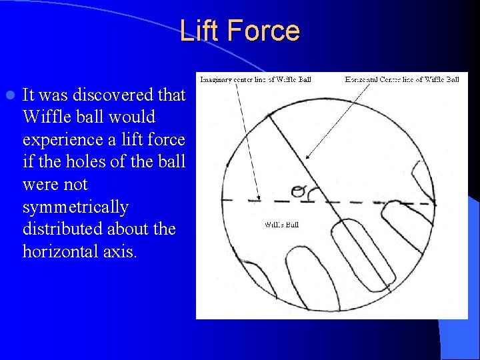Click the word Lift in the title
[203, 31]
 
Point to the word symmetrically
[75, 207]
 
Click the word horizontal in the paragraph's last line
[65, 252]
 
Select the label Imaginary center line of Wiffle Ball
[255, 79]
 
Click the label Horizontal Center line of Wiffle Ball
[402, 79]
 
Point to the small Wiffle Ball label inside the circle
[282, 225]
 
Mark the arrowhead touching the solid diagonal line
[306, 157]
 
